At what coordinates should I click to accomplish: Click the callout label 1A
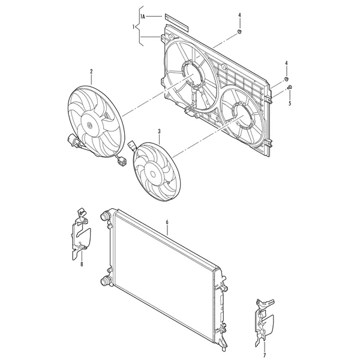[x=143, y=17]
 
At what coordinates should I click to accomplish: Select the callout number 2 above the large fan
[x=91, y=71]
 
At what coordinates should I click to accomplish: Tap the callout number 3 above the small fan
[x=159, y=131]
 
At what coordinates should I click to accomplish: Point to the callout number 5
[x=290, y=103]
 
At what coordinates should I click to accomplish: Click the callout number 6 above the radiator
[x=167, y=222]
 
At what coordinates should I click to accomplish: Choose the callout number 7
[x=265, y=356]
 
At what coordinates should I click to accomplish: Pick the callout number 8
[x=82, y=265]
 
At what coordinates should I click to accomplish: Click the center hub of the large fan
[x=90, y=125]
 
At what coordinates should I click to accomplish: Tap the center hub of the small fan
[x=153, y=174]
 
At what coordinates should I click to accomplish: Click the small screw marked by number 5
[x=290, y=87]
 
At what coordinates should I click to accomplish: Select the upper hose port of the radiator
[x=105, y=216]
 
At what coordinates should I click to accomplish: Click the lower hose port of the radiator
[x=106, y=281]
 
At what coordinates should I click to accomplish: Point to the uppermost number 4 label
[x=239, y=15]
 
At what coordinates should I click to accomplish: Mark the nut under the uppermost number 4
[x=239, y=32]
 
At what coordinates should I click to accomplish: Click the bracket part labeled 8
[x=80, y=234]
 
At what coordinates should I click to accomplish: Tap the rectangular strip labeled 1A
[x=176, y=23]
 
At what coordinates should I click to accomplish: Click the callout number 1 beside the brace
[x=133, y=27]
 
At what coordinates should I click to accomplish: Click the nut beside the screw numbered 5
[x=286, y=79]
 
